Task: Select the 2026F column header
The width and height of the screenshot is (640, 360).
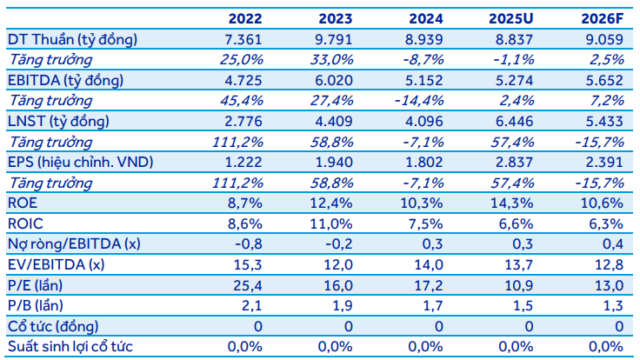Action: coord(599,18)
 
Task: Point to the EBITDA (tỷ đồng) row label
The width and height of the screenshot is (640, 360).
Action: coord(66,79)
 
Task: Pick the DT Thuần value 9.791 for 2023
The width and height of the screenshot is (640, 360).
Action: coord(333,39)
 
